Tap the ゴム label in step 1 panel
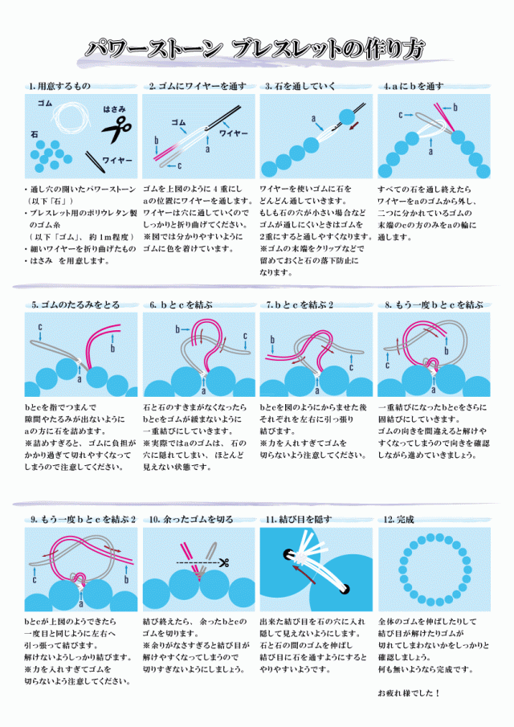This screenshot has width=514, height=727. point(45,104)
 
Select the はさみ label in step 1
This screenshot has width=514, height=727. point(114,108)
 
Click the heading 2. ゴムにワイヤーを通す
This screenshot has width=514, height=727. point(197,86)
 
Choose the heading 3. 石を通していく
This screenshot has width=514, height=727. point(301,86)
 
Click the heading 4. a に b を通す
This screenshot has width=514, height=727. point(414,86)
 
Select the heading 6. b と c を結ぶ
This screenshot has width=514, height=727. point(181,304)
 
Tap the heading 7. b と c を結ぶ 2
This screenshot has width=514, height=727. point(300,304)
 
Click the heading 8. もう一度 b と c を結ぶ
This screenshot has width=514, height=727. point(434,304)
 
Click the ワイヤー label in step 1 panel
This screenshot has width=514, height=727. point(118,161)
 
